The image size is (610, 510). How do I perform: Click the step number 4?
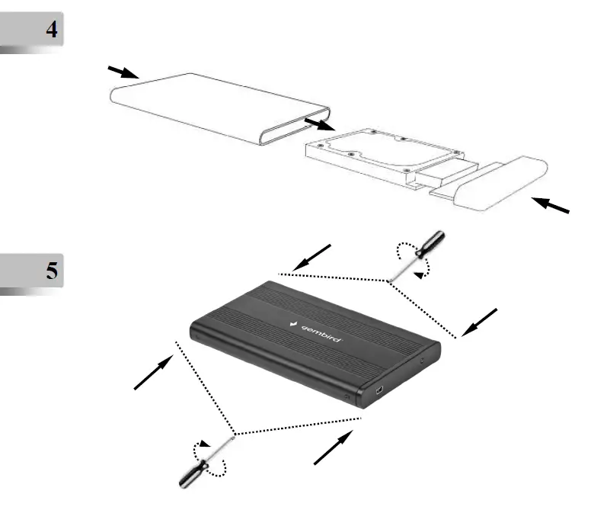51,31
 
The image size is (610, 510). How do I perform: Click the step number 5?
51,270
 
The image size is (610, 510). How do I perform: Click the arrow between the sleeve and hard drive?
318,123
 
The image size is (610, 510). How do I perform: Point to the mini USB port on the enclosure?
378,393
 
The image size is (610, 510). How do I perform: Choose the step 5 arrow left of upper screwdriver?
312,257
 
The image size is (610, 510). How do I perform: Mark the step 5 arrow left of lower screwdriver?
152,374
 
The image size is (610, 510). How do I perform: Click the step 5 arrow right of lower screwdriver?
334,447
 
